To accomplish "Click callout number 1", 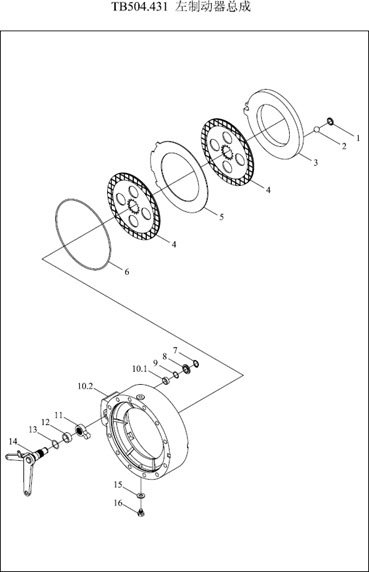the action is pyautogui.click(x=358, y=138).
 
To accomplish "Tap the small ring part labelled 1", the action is pyautogui.click(x=330, y=121).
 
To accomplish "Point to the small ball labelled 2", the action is pyautogui.click(x=317, y=129).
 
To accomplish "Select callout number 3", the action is pyautogui.click(x=316, y=162).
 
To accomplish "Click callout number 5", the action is pyautogui.click(x=221, y=217).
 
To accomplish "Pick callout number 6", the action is pyautogui.click(x=127, y=272).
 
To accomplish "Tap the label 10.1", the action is pyautogui.click(x=139, y=369).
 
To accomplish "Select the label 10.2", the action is pyautogui.click(x=86, y=386).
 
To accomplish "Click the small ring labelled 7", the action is pyautogui.click(x=196, y=363).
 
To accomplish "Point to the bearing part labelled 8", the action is pyautogui.click(x=187, y=369).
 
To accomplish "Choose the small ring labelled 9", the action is pyautogui.click(x=176, y=375).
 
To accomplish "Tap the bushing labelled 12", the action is pyautogui.click(x=67, y=437).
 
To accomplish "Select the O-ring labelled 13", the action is pyautogui.click(x=55, y=444).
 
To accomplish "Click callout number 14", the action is pyautogui.click(x=13, y=442).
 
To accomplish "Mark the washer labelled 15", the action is pyautogui.click(x=141, y=495).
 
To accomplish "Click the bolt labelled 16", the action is pyautogui.click(x=141, y=513).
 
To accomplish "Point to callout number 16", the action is pyautogui.click(x=118, y=503).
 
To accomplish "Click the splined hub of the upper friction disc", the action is pyautogui.click(x=228, y=151).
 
